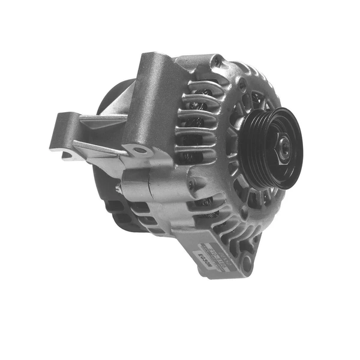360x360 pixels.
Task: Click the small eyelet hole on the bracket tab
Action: click(139, 150)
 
